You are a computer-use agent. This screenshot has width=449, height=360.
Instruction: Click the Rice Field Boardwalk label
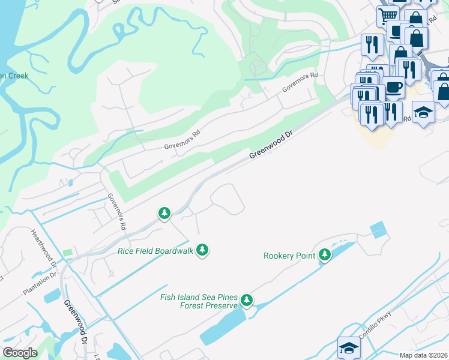(x=155, y=251)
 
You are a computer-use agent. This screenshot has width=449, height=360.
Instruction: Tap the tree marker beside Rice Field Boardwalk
(x=202, y=250)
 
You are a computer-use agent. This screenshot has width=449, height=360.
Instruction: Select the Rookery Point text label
(x=289, y=256)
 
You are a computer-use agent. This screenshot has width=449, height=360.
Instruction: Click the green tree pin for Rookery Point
(x=325, y=255)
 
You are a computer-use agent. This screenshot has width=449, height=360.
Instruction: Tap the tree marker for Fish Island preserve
(x=246, y=300)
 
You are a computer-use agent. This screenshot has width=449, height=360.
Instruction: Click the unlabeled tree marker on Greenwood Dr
(x=164, y=213)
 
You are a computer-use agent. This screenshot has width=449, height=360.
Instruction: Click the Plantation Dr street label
(x=40, y=284)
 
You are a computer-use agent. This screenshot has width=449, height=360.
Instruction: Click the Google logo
(x=20, y=352)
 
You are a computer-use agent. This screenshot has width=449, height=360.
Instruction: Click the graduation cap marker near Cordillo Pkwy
(x=349, y=347)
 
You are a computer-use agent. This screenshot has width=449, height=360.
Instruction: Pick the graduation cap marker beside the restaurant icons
(x=423, y=112)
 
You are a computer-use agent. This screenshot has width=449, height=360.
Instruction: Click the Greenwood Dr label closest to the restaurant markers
(x=271, y=146)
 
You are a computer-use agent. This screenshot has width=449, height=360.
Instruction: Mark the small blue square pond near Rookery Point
(x=379, y=230)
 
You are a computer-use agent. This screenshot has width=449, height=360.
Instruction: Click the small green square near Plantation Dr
(x=67, y=253)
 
